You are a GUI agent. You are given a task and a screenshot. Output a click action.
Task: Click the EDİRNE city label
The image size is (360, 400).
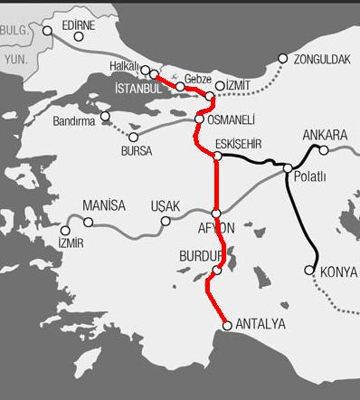tap(79, 24)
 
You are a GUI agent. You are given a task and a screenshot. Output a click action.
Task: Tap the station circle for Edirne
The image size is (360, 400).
tap(47, 30)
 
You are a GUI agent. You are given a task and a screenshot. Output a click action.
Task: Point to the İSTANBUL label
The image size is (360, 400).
tap(140, 90)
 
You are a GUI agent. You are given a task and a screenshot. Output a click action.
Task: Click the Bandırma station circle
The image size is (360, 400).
tap(106, 117)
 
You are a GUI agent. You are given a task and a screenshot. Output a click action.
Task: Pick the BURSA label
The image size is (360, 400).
tap(137, 151)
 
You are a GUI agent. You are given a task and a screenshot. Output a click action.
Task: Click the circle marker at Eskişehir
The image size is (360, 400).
tap(217, 157)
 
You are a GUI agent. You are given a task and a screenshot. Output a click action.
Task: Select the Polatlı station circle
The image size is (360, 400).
tap(288, 168)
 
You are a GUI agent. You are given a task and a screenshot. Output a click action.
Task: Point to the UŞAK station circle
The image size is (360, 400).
tap(166, 221)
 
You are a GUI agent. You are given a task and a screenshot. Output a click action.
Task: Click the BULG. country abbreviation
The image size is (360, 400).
tap(15, 29)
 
